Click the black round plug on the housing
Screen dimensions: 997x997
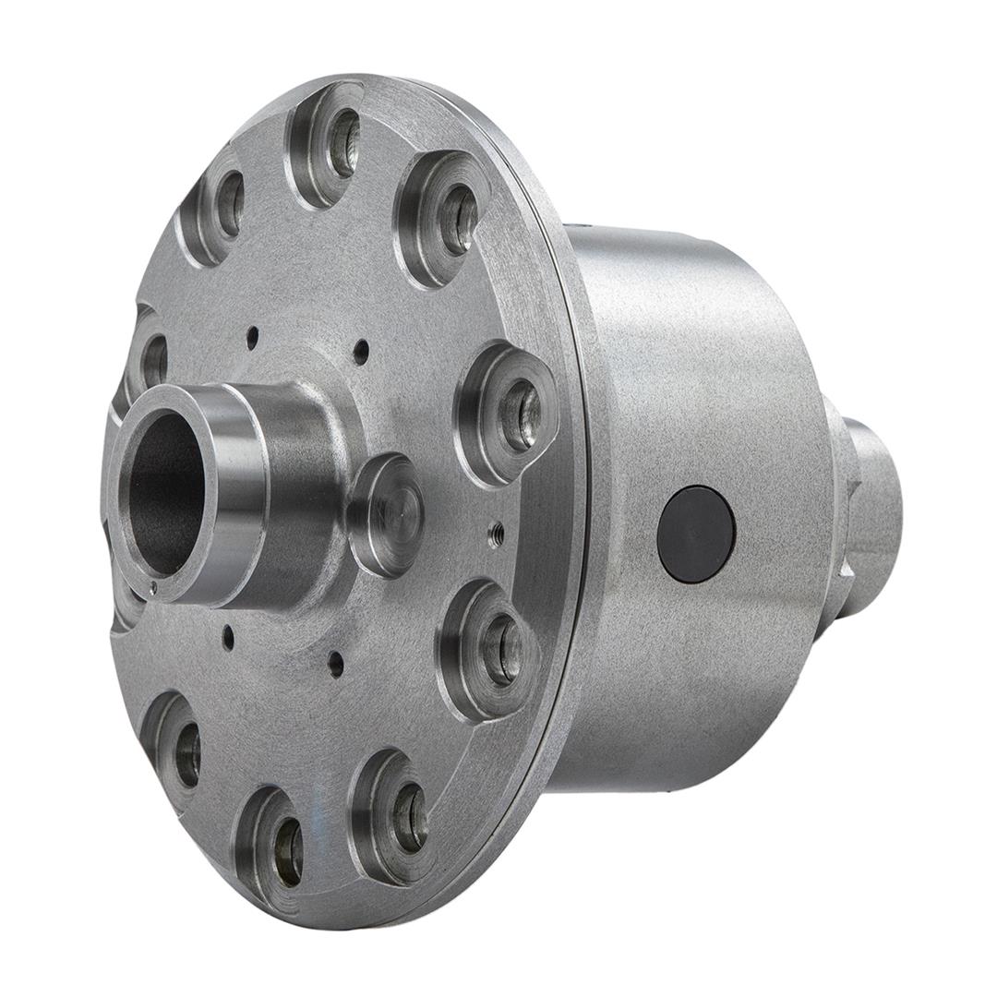(696, 535)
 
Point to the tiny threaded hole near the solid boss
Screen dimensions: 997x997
(496, 531)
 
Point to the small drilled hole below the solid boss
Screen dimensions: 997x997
(336, 663)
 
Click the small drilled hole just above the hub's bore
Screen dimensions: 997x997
(252, 338)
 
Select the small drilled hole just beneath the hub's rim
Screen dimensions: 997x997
(227, 636)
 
